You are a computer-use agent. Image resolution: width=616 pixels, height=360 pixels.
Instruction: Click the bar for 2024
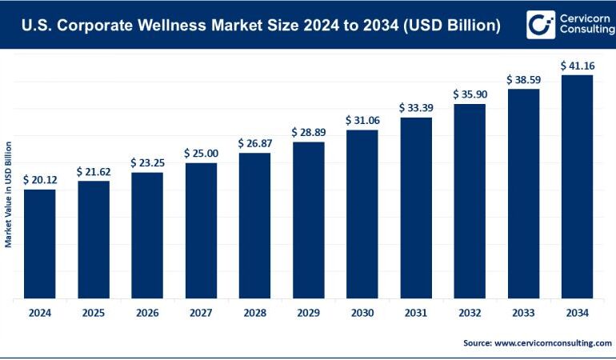40,244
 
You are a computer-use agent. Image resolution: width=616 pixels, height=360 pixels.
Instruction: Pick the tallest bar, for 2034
577,187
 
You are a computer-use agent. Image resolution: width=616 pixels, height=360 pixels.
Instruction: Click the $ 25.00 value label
201,153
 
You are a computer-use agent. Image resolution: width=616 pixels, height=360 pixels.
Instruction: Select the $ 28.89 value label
308,131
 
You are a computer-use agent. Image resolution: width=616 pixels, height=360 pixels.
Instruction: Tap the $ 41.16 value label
577,65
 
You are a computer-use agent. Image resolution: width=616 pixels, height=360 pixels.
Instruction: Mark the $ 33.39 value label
416,107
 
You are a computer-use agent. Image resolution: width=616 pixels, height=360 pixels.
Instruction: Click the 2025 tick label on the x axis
93,313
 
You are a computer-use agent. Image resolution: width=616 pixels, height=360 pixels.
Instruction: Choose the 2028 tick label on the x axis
254,313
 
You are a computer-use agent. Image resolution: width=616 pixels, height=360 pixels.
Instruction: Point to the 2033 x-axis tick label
523,313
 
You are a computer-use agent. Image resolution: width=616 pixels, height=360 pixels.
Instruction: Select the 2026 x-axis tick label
146,313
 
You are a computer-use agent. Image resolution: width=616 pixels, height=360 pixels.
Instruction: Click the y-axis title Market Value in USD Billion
9,194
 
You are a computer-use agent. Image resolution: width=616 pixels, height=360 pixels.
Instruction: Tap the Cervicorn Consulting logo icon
542,26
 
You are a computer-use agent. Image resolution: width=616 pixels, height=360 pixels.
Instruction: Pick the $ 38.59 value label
523,80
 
